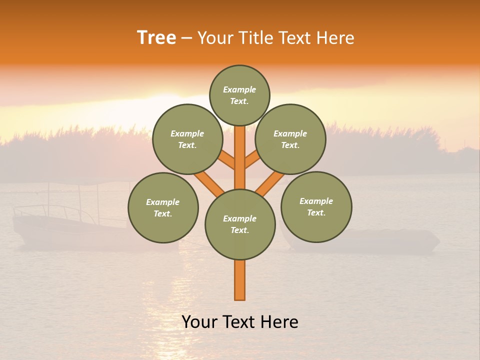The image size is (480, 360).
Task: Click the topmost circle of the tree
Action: tap(239, 95)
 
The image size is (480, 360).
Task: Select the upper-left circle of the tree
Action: tap(187, 139)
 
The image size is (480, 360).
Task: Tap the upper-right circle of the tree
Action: tap(290, 139)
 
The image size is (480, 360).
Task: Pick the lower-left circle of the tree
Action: tap(163, 207)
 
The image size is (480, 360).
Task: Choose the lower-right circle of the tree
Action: tap(316, 206)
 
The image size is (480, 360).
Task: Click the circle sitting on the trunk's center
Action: tap(240, 224)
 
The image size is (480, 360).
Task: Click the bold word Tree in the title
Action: tap(156, 38)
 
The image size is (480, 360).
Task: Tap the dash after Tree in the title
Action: tap(186, 38)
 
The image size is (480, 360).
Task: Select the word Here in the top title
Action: tap(335, 38)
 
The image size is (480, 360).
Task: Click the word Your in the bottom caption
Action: tap(199, 322)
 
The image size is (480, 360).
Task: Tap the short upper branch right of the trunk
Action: tap(252, 160)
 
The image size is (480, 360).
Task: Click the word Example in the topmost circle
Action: tap(239, 90)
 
